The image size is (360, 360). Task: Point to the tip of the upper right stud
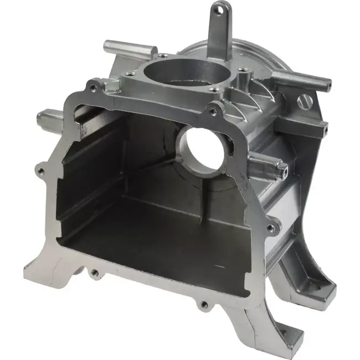pyautogui.click(x=327, y=85)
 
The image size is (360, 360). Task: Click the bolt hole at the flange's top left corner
pyautogui.click(x=93, y=87)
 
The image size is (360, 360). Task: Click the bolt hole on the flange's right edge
pyautogui.click(x=270, y=228)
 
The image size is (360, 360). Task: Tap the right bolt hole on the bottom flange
pyautogui.click(x=204, y=304)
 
